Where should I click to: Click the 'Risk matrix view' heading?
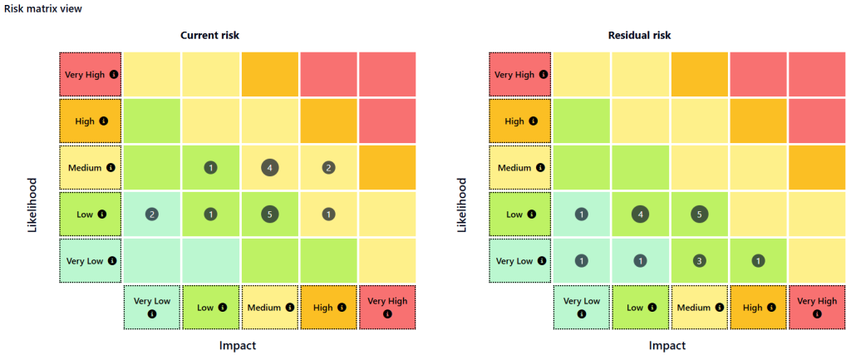[42, 8]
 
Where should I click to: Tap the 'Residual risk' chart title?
[640, 35]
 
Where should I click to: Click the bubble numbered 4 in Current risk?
[269, 167]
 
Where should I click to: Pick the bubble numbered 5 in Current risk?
[269, 214]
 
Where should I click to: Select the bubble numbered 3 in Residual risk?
[700, 260]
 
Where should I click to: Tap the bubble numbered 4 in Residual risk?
[640, 214]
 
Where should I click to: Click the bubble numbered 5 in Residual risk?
[700, 214]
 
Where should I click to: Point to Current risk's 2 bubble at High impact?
[329, 167]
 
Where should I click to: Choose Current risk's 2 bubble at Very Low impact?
[151, 214]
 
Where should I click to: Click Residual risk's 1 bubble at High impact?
[758, 260]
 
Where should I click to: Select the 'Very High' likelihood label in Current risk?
[85, 74]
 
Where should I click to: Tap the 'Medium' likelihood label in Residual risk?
[514, 167]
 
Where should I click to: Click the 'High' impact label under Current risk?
[322, 308]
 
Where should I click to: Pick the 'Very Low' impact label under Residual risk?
[581, 301]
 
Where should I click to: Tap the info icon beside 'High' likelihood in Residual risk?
[534, 121]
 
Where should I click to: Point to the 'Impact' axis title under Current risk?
[238, 345]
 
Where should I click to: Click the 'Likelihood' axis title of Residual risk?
[462, 204]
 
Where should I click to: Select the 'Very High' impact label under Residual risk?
[817, 301]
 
